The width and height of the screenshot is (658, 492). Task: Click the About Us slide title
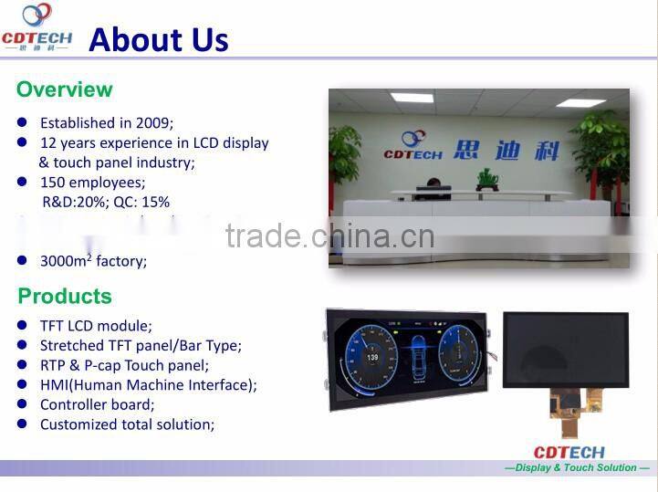[x=158, y=39]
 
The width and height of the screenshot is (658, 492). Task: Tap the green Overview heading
[x=64, y=89]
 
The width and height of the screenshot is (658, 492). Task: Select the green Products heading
[x=65, y=296]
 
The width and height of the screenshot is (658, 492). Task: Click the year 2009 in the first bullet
[x=154, y=122]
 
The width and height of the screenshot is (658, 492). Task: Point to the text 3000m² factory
[x=93, y=261]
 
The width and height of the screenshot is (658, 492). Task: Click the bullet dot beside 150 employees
[x=23, y=182]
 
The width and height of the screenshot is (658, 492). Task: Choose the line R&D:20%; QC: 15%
[x=106, y=202]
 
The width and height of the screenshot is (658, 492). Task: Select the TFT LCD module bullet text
[x=96, y=325]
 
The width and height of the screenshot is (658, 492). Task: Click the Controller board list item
[x=97, y=404]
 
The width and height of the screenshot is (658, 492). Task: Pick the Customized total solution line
[x=127, y=424]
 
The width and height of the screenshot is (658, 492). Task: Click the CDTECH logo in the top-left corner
[x=37, y=26]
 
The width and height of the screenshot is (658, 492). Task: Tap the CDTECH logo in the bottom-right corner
[x=569, y=452]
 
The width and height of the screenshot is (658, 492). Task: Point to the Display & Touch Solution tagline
[x=577, y=468]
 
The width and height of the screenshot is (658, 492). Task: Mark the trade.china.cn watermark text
[x=329, y=236]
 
